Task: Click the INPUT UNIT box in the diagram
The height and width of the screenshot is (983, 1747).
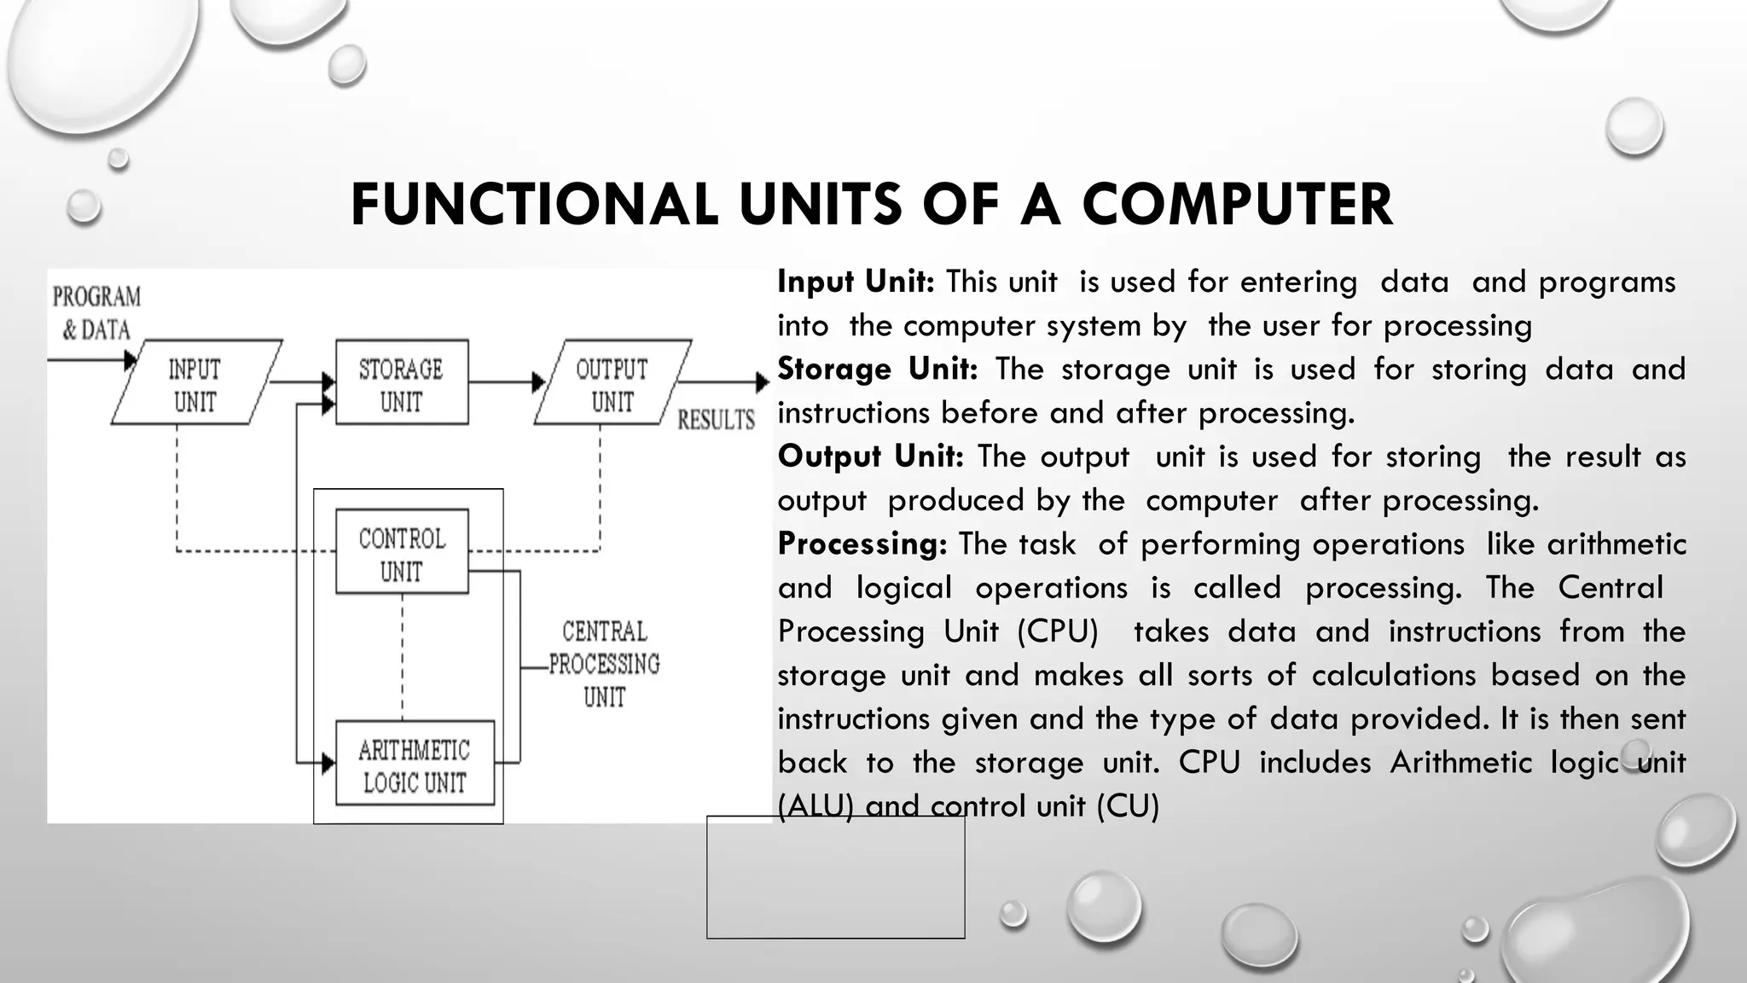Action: (x=195, y=383)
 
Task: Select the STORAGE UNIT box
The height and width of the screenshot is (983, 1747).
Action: (x=402, y=383)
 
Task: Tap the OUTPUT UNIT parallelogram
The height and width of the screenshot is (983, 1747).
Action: (x=612, y=383)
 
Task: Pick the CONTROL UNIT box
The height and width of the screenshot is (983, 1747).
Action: (x=402, y=553)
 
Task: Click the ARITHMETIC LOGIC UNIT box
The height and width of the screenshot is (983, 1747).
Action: (x=415, y=765)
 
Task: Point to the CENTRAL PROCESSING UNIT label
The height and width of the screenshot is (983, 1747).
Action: (x=604, y=664)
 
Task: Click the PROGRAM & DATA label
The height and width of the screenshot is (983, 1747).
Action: (x=96, y=312)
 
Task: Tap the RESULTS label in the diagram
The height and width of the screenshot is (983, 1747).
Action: (x=716, y=420)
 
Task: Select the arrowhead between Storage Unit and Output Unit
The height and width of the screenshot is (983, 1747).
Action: (x=538, y=382)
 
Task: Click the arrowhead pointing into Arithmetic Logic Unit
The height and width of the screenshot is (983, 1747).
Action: (x=328, y=763)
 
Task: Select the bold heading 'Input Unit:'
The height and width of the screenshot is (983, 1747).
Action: (x=856, y=282)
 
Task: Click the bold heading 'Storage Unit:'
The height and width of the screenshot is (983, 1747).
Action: (x=877, y=369)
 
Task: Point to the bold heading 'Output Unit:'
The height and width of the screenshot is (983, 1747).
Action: (x=870, y=457)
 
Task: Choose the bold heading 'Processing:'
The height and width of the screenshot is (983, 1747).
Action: (x=862, y=544)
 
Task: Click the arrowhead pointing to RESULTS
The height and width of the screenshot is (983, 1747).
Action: (x=763, y=382)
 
